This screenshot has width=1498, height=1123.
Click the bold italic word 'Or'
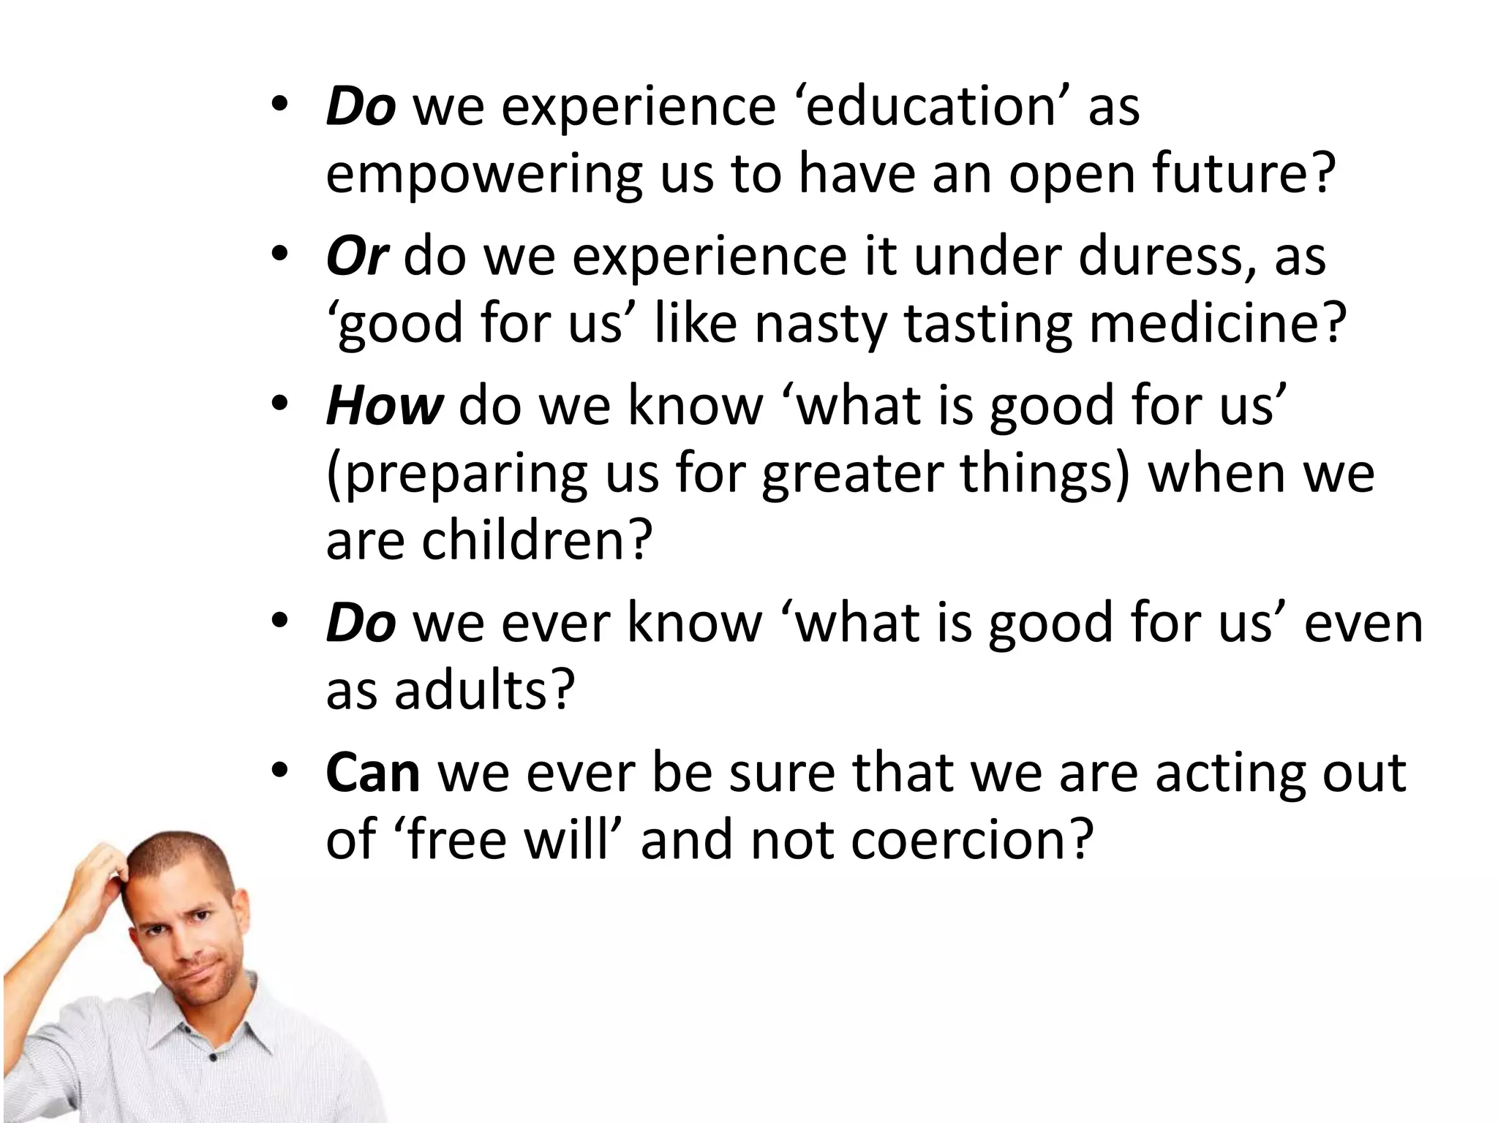pyautogui.click(x=356, y=257)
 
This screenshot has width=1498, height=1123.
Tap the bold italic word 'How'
pyautogui.click(x=384, y=406)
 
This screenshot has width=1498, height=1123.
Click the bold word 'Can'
pyautogui.click(x=373, y=773)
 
